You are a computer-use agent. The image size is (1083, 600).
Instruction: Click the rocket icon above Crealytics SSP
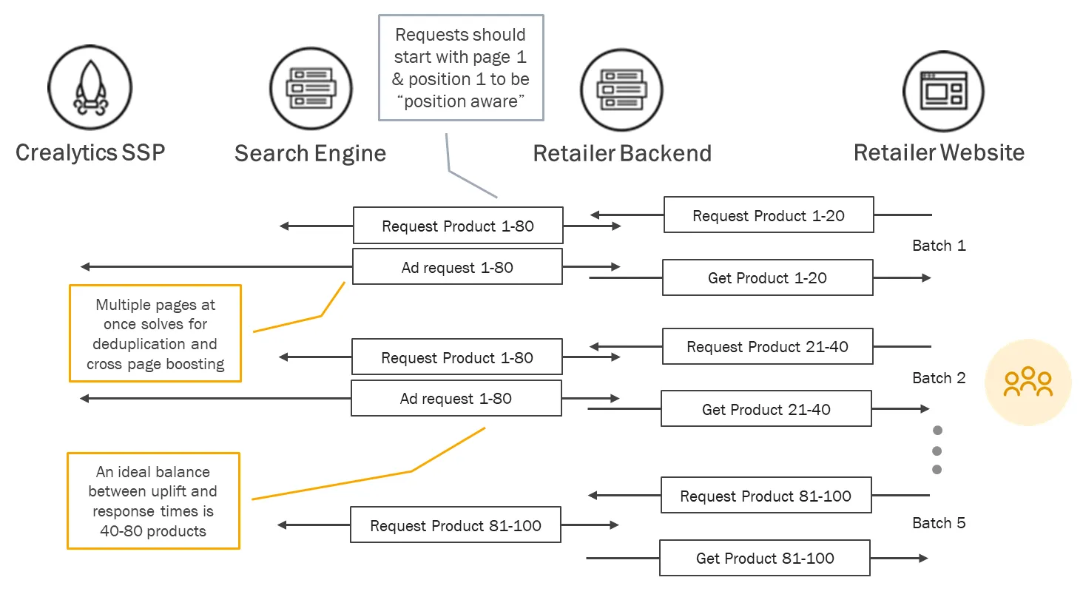(x=90, y=87)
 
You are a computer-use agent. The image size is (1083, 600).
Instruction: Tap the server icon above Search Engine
(x=311, y=89)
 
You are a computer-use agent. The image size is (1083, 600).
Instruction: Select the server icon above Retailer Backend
(x=621, y=90)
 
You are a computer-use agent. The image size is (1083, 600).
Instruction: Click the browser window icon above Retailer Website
(x=943, y=92)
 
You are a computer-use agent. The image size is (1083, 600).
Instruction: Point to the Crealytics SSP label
(x=90, y=153)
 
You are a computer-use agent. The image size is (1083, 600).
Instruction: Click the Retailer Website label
(x=939, y=153)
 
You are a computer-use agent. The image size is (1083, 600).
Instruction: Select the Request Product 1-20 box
(x=769, y=215)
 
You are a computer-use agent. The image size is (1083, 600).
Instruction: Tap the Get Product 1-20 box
(x=768, y=277)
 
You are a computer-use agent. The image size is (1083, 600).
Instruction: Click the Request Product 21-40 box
(x=768, y=346)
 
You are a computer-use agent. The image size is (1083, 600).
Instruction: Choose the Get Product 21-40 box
(x=766, y=409)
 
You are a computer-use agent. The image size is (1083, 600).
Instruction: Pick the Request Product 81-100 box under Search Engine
(x=456, y=525)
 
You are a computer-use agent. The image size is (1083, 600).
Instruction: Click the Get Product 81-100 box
(x=765, y=558)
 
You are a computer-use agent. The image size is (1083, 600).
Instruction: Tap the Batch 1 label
(x=939, y=246)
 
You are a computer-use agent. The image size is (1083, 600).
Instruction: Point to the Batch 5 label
(x=939, y=522)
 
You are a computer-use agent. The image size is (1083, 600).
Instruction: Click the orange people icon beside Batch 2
(x=1028, y=382)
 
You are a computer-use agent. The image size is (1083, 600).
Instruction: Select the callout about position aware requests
(x=461, y=67)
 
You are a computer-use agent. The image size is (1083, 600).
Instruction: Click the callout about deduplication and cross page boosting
(x=155, y=333)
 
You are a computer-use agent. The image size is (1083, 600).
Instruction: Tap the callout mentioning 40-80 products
(x=153, y=500)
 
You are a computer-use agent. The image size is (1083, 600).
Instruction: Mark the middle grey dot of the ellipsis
(x=937, y=451)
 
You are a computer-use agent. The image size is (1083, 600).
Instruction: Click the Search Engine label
(x=311, y=154)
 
